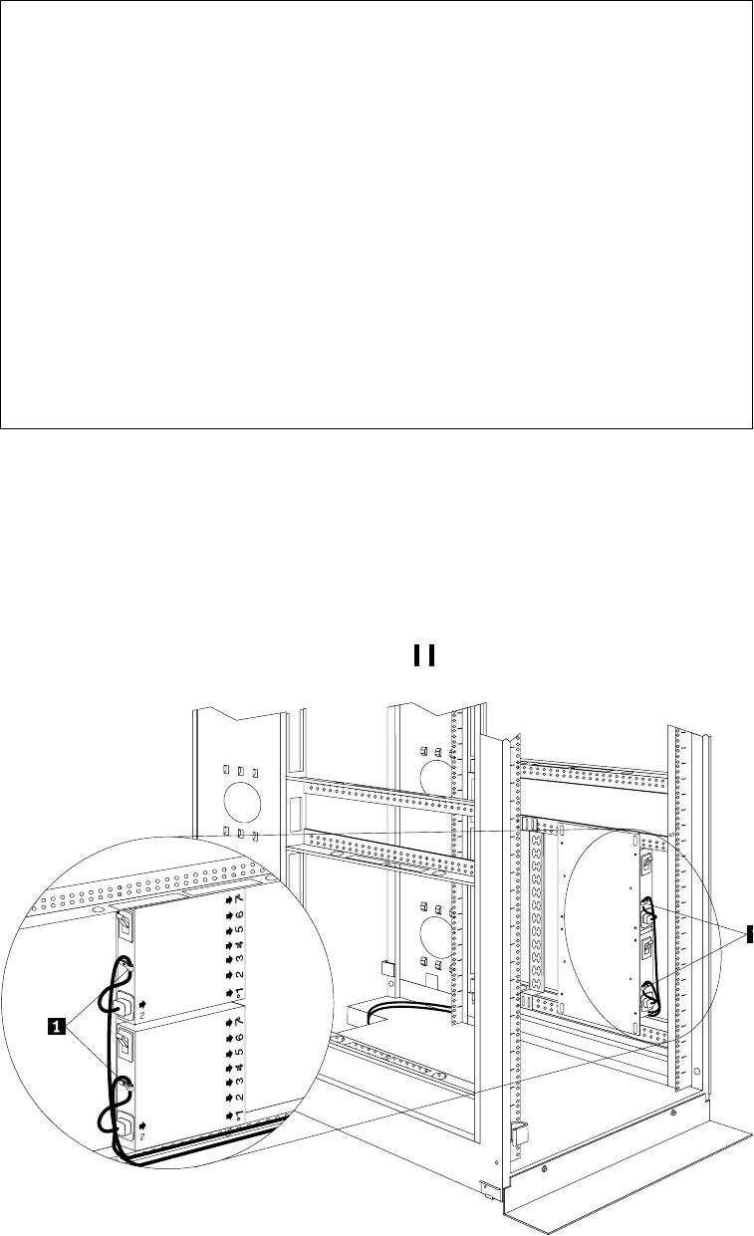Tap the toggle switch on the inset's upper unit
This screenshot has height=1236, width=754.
click(125, 929)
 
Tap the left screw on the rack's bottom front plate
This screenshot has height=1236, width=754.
click(543, 1164)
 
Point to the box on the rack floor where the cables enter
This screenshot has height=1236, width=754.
click(356, 1013)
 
